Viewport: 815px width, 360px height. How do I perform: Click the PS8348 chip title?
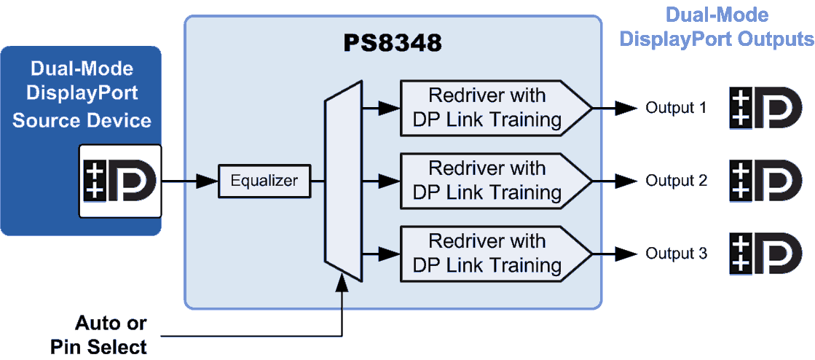pos(393,43)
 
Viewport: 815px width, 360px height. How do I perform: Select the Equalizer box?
pos(264,181)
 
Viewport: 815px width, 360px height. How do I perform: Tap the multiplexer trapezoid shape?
pos(342,181)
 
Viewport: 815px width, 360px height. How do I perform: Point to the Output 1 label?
pos(676,108)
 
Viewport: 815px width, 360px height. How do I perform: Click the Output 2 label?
pos(676,181)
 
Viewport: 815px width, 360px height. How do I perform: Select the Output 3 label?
pos(676,254)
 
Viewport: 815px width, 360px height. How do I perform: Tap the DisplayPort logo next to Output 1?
pos(765,108)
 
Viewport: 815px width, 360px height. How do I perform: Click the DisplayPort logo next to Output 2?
pos(765,181)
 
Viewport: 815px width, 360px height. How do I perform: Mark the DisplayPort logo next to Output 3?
pos(765,254)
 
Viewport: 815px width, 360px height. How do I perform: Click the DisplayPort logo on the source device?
pos(120,181)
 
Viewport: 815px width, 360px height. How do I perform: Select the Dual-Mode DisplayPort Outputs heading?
pos(716,27)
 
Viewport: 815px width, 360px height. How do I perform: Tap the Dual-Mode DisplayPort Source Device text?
pos(82,95)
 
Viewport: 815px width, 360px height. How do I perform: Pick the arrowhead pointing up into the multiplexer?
pos(342,283)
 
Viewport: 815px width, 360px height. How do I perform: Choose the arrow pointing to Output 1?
pos(615,108)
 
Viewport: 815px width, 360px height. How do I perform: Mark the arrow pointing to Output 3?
pos(615,254)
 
